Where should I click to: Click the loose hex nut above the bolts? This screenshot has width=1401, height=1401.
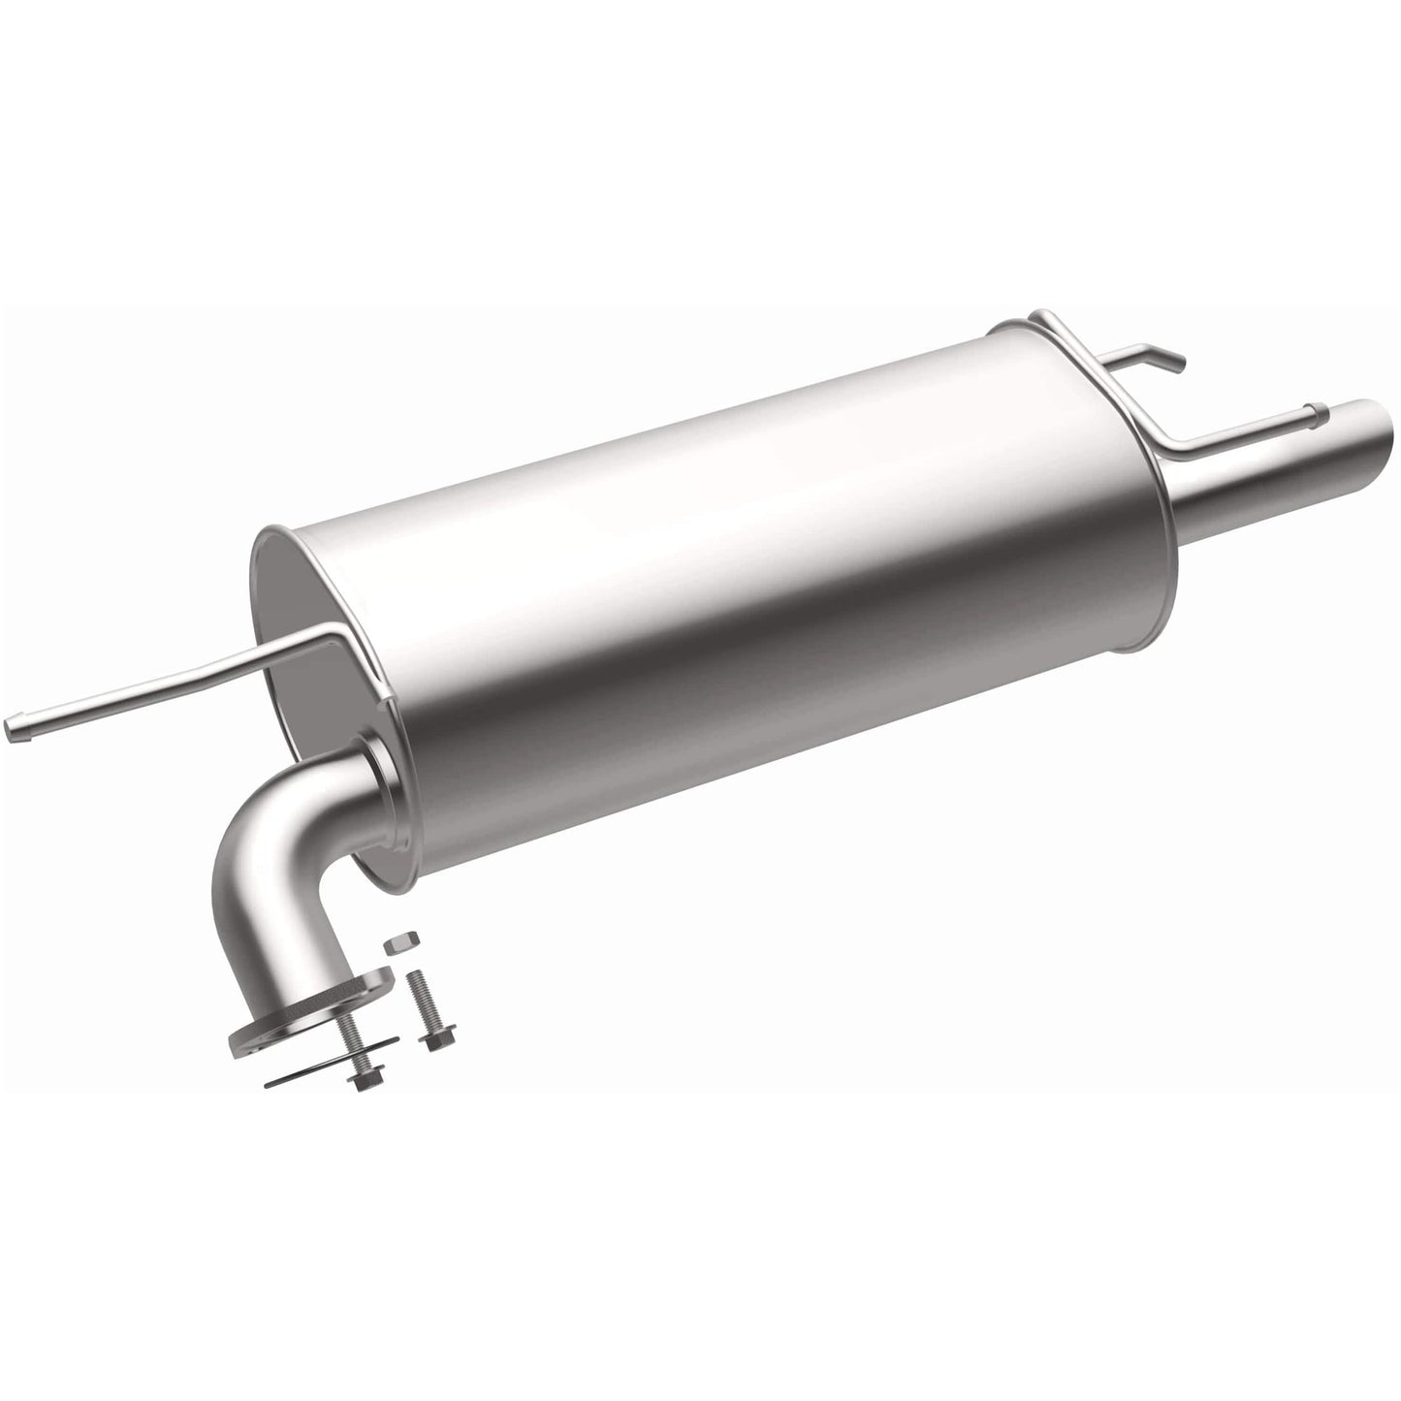point(397,942)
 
